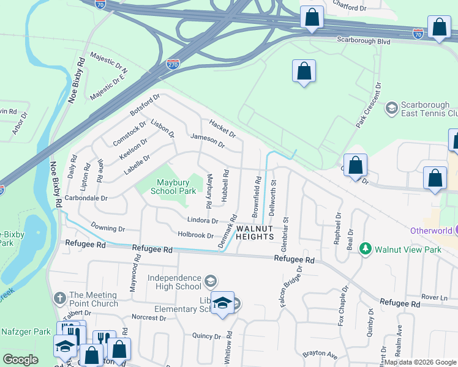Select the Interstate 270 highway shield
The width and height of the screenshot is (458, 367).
coord(173,63)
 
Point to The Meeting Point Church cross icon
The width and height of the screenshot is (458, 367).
coord(59,298)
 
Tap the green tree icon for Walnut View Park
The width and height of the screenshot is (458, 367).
coord(366,249)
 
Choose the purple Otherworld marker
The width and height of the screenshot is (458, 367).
coord(454,231)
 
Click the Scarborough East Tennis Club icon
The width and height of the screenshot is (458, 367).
coord(391,108)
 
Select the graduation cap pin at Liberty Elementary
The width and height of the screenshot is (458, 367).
coord(223,303)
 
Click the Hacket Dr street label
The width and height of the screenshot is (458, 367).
coord(222,128)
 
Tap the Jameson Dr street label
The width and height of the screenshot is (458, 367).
coord(208,141)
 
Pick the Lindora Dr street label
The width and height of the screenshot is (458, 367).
coord(203,220)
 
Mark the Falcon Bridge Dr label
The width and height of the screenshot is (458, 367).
coord(291,286)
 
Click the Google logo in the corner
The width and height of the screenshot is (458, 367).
coord(21,360)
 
